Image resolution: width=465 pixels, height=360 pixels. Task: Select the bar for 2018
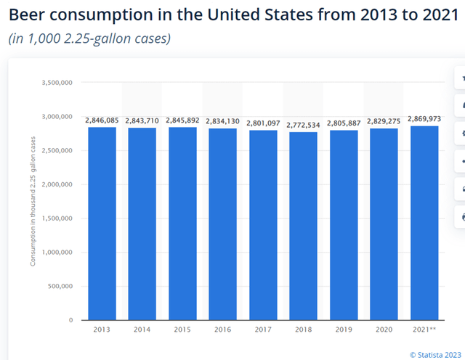tap(303, 226)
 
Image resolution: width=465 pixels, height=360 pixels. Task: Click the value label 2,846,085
tap(102, 120)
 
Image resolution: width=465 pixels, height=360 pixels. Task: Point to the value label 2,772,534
tap(303, 125)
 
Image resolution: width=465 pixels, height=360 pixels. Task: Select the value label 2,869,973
tap(424, 118)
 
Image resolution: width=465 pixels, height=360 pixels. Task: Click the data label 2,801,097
tap(262, 123)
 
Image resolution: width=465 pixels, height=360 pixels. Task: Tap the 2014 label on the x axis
tap(142, 330)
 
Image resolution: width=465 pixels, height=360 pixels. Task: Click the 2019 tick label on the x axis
tap(343, 330)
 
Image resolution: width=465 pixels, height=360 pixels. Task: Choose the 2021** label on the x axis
tap(424, 330)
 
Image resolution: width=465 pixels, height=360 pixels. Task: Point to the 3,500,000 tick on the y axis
tap(56, 83)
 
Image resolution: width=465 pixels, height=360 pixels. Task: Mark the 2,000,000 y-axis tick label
tap(56, 184)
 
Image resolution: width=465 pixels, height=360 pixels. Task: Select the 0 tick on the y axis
tap(70, 320)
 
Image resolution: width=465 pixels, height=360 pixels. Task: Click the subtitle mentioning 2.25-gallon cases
tap(89, 38)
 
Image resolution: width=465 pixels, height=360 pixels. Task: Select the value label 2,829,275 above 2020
tap(384, 121)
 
